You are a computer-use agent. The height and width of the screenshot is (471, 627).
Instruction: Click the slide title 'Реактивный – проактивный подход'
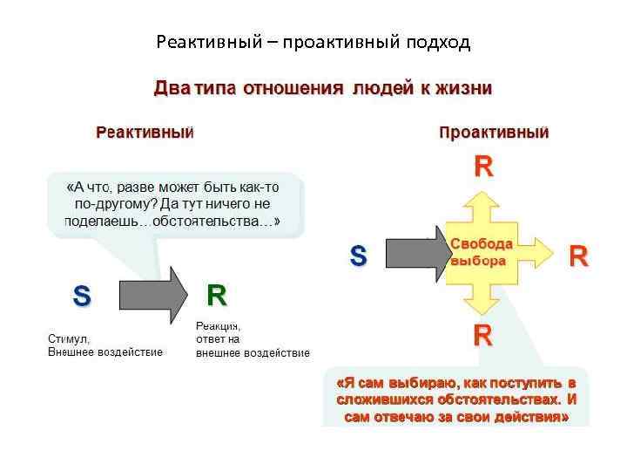(313, 41)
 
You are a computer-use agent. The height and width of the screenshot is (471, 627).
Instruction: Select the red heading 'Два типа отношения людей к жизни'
(322, 89)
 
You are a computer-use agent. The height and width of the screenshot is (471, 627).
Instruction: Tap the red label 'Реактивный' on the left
(144, 133)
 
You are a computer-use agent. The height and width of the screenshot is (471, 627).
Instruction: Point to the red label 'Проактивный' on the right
(494, 133)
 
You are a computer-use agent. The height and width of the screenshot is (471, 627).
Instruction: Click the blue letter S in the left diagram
(81, 297)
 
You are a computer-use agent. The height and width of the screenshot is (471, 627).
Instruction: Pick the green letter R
(216, 297)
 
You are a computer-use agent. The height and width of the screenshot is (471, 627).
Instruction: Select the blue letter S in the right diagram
(358, 256)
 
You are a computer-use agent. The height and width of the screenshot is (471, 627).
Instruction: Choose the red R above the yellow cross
(482, 167)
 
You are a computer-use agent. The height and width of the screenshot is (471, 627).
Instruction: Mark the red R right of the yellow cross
(579, 256)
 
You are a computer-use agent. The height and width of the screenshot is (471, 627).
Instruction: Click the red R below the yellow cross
(482, 335)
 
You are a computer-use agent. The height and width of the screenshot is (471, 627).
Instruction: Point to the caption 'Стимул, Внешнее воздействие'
(104, 345)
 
